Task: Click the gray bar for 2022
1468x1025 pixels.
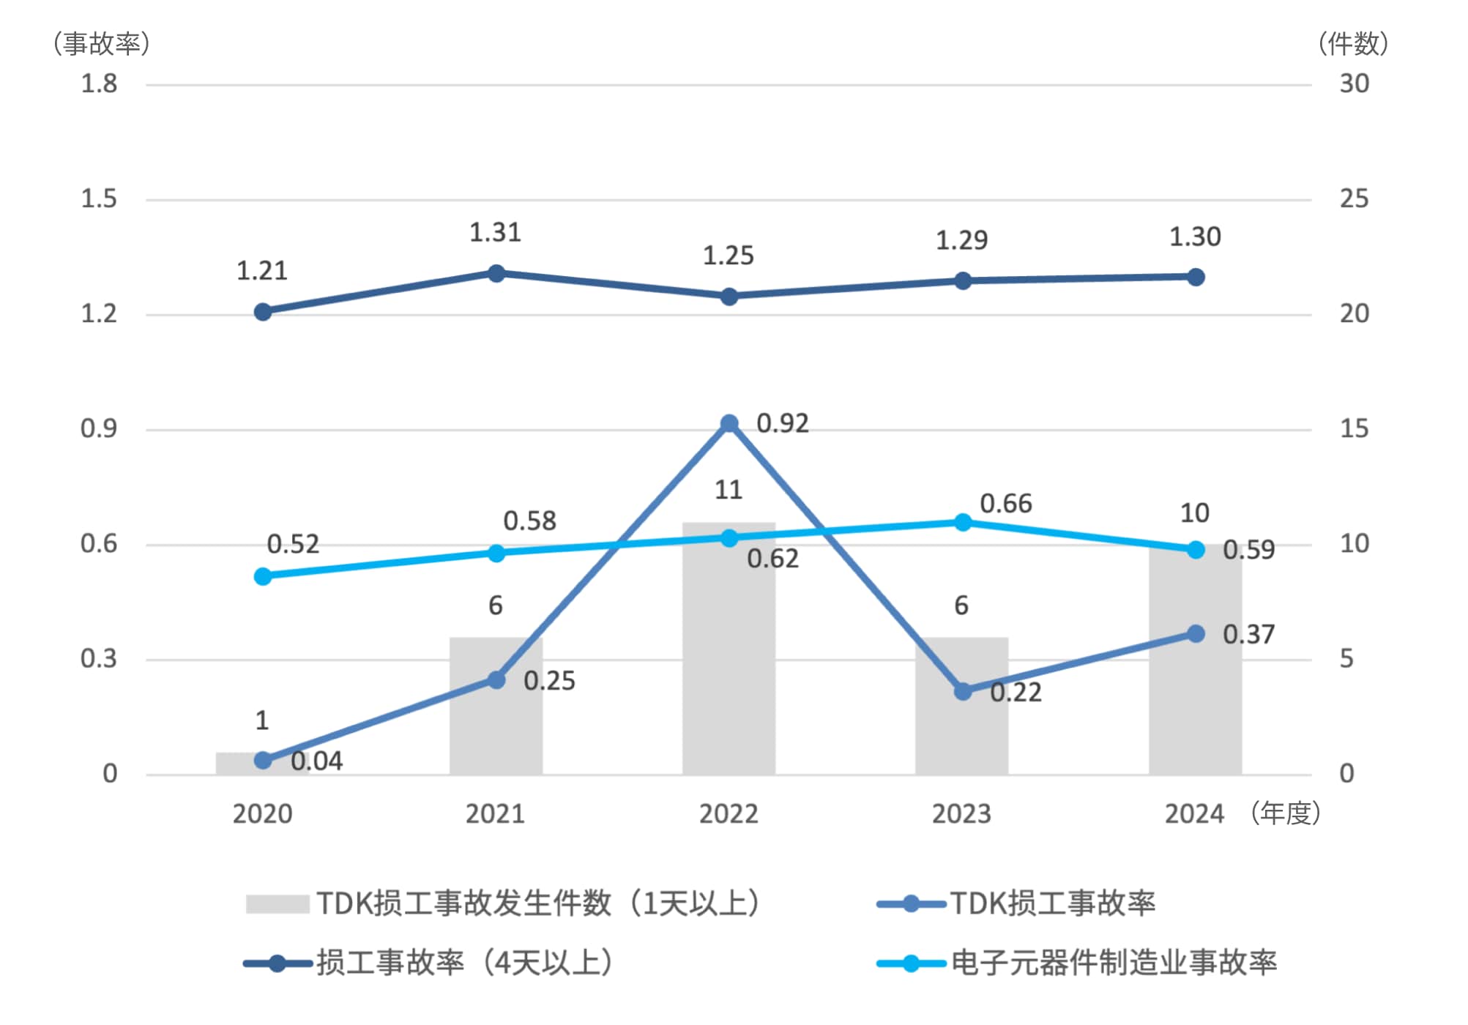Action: pos(729,659)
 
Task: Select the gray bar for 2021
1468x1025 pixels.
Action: pos(496,725)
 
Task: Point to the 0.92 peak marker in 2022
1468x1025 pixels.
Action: pos(729,424)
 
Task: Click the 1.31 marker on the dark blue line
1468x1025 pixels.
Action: pos(496,273)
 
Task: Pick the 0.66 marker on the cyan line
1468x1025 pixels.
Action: pos(963,522)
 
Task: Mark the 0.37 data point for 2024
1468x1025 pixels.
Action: pos(1195,633)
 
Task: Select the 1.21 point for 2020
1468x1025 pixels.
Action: pos(263,312)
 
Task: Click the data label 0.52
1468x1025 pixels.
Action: pos(293,544)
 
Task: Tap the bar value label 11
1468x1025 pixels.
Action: pos(728,490)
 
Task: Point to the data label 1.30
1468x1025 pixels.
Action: pos(1195,237)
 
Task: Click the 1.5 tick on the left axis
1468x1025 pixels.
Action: pos(99,198)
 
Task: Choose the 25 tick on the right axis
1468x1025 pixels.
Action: pos(1354,198)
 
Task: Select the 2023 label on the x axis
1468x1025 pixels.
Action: pos(961,813)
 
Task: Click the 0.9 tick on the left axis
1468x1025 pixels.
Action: pos(99,428)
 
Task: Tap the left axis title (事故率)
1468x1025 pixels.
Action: pos(102,44)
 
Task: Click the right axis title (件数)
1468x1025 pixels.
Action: pos(1354,44)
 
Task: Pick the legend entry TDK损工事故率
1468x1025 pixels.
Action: pos(1052,903)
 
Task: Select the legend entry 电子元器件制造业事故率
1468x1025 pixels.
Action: pos(1113,963)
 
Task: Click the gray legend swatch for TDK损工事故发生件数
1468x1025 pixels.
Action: pos(277,903)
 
